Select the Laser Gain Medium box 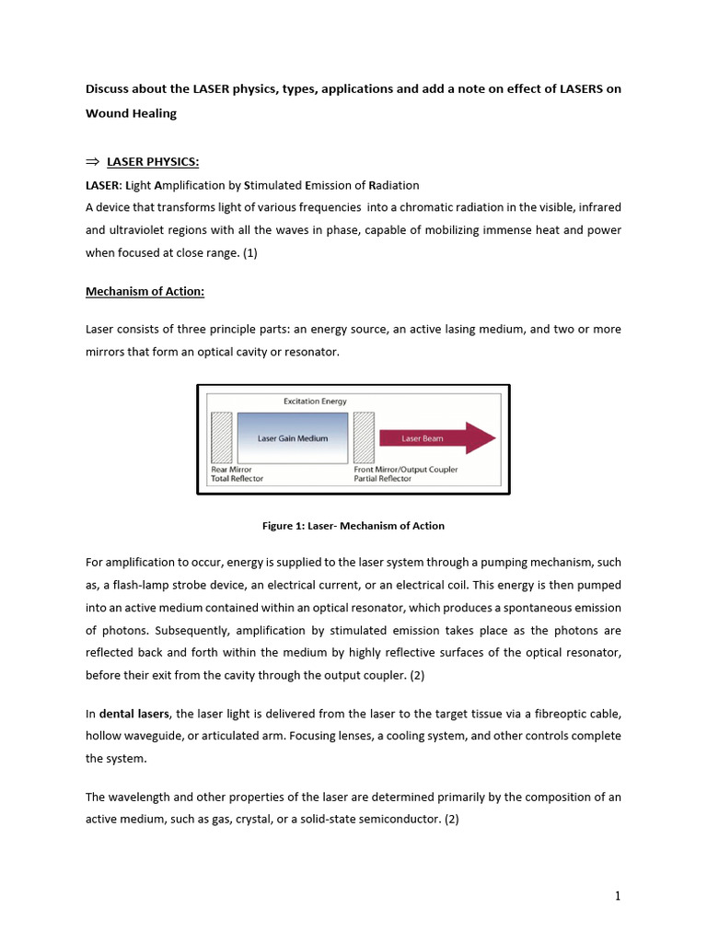(x=293, y=438)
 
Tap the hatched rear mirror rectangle (x=221, y=437)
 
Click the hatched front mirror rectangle (x=364, y=437)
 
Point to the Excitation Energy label (x=315, y=402)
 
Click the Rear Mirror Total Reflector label (x=238, y=474)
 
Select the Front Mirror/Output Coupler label (x=405, y=470)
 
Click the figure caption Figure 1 (x=353, y=526)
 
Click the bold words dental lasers (x=133, y=715)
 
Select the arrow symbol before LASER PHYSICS (x=92, y=163)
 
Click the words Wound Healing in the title (x=131, y=113)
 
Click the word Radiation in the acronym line (x=393, y=185)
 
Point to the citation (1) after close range (x=250, y=252)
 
